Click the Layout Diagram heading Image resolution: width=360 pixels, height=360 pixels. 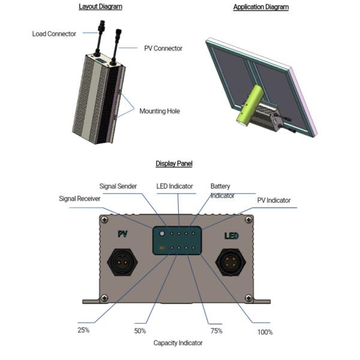[100, 7]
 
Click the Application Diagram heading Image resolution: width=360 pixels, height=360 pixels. [260, 7]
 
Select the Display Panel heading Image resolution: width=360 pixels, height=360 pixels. [174, 163]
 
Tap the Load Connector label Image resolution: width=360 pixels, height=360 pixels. [54, 34]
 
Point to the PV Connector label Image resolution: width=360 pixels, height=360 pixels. [163, 48]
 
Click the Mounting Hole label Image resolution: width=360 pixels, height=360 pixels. [160, 111]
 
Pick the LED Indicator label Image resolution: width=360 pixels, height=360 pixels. [175, 187]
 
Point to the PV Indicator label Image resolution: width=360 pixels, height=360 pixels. [274, 200]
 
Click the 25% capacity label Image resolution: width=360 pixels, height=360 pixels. [83, 330]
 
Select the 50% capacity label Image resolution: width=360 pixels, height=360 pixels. [140, 331]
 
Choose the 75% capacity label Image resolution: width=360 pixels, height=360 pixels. [216, 331]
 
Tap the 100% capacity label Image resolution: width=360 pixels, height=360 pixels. [265, 331]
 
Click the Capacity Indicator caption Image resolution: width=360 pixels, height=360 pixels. [178, 343]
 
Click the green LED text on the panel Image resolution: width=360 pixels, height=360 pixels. [232, 236]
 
